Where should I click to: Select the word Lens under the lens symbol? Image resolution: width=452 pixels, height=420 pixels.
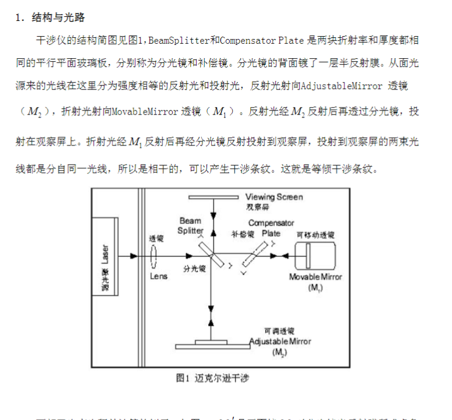tap(158, 276)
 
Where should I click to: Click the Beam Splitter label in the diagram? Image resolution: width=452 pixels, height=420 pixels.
tap(190, 226)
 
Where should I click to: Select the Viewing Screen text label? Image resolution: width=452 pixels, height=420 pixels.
tap(274, 197)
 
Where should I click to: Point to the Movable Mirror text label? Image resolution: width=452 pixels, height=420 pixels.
tap(316, 277)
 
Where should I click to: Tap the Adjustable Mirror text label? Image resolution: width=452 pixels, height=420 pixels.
tap(280, 341)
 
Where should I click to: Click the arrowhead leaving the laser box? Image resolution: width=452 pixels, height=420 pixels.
tap(134, 255)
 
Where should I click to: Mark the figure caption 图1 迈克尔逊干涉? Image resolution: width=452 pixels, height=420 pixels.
tap(212, 378)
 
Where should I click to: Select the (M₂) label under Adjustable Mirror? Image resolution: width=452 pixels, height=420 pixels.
tap(279, 353)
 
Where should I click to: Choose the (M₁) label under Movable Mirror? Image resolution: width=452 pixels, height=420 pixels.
tap(316, 288)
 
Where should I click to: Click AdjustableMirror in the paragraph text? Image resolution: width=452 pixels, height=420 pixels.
tap(334, 86)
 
